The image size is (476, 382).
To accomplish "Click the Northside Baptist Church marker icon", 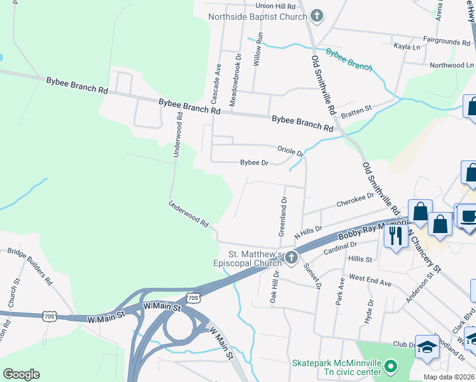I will point(318,17).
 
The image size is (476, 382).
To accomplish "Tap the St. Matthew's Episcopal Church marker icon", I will point(291,257).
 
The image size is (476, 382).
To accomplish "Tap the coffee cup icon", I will point(468,216).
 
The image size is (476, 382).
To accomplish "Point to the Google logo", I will point(21,374).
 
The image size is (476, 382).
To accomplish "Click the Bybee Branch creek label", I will point(349,60).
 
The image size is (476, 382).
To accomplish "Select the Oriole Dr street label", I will point(291,150).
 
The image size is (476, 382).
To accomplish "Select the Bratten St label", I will point(356,113).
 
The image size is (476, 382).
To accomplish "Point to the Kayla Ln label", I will point(407,47).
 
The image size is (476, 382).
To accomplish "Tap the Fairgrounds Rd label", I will point(449,41).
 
